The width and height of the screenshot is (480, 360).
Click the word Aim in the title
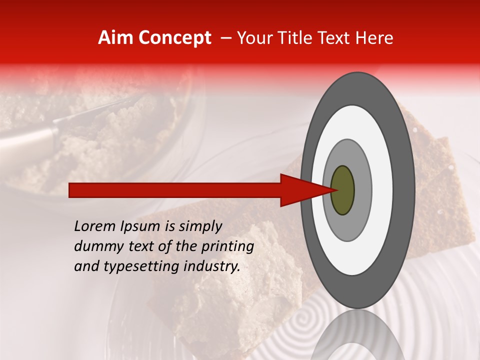pos(115,38)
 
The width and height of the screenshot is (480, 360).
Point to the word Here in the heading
pos(373,38)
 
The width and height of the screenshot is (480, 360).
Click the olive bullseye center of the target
pos(343,190)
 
